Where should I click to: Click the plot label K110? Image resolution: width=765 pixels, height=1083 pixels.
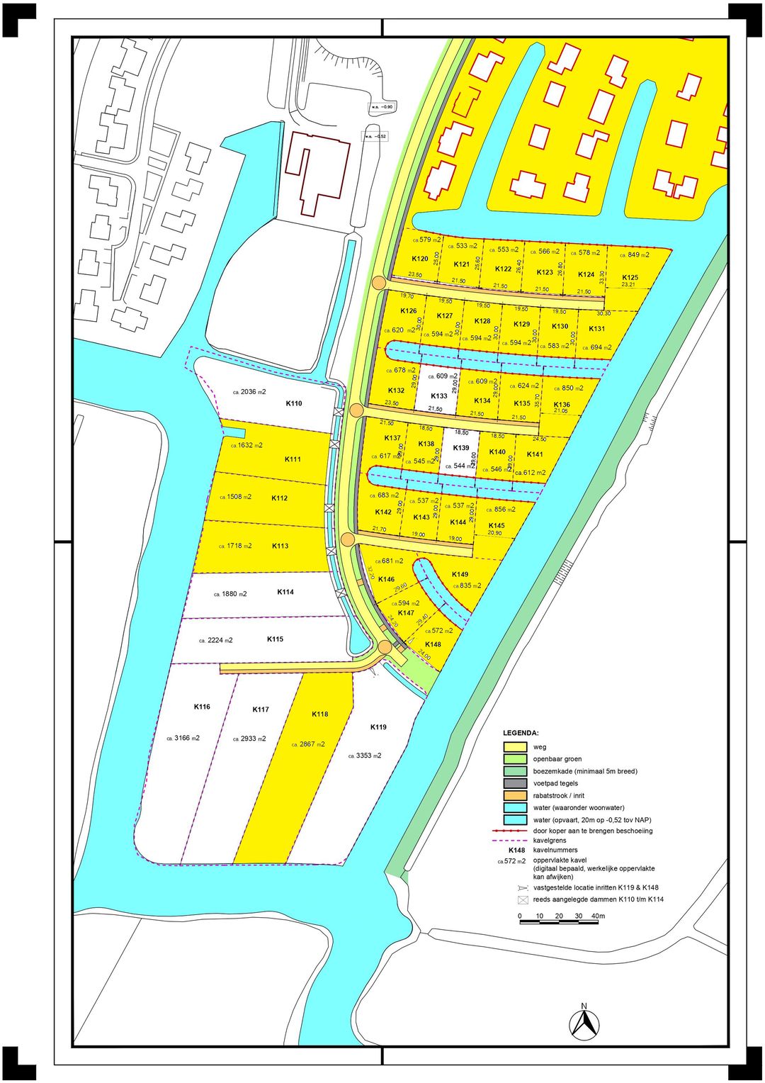293,403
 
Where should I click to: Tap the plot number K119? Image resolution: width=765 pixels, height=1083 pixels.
378,727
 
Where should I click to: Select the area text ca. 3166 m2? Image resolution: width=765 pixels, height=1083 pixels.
183,738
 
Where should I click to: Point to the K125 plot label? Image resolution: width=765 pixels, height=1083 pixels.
630,277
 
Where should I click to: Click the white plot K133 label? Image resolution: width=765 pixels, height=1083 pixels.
439,396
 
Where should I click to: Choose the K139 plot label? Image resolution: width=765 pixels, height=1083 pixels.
460,448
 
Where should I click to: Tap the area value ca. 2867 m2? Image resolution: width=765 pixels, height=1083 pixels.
308,744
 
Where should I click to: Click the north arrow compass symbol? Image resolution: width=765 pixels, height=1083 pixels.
584,1023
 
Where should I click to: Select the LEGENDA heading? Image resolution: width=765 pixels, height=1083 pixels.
521,733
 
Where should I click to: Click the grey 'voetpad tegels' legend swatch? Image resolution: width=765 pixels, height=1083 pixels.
515,783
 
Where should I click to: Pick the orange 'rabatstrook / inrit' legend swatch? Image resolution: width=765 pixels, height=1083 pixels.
515,795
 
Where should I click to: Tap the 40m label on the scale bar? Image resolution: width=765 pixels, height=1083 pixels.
598,916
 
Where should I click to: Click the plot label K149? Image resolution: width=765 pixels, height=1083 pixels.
460,574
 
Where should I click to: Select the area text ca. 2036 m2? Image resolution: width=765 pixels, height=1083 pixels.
249,392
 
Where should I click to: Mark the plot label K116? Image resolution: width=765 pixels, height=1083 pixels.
202,707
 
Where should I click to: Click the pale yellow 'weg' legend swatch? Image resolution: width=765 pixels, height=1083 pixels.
515,747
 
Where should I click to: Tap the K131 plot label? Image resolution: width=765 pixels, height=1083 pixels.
596,329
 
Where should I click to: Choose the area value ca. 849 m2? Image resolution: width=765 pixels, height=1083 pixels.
634,254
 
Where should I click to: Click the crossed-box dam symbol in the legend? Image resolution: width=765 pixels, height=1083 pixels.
523,900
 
